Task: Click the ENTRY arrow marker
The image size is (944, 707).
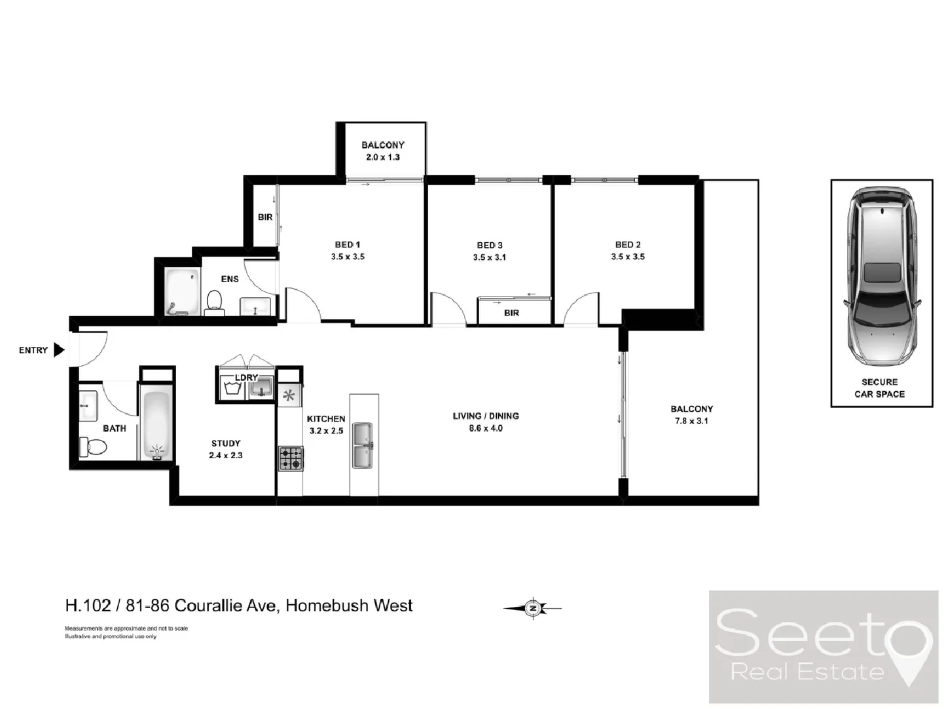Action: (59, 350)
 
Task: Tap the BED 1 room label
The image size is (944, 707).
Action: (348, 245)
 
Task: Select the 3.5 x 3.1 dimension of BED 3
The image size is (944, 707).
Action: (489, 257)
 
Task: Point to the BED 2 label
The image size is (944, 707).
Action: (628, 245)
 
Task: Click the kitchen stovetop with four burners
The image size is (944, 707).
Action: (291, 458)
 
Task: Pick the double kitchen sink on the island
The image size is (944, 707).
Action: (363, 446)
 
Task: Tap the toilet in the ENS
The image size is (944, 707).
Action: (214, 302)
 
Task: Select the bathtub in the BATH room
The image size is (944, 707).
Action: (156, 423)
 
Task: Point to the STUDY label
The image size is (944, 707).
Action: (226, 443)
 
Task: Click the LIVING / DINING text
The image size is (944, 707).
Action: (486, 416)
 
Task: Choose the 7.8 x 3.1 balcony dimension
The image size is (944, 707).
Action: (691, 421)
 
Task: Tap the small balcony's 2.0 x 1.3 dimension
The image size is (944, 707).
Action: (383, 157)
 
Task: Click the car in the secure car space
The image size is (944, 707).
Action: (882, 278)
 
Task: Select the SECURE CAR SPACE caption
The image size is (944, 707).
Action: (879, 388)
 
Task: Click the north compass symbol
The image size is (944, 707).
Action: (534, 608)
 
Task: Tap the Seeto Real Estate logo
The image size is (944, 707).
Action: (823, 647)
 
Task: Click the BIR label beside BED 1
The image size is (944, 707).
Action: (265, 217)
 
